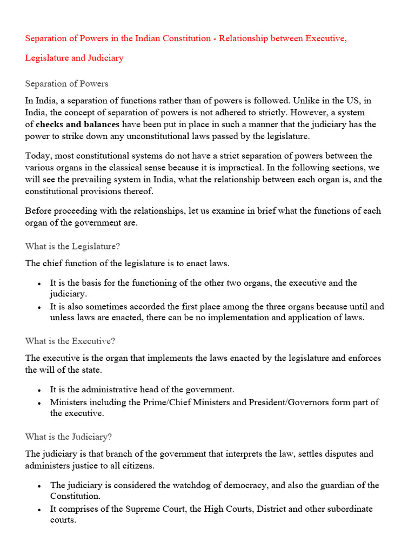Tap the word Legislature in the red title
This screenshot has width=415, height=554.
coord(46,57)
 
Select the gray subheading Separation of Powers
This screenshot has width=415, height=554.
coord(66,83)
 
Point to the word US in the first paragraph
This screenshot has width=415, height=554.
coord(352,101)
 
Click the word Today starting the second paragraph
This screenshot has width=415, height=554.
coord(37,156)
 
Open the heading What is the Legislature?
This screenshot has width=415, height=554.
coord(72,246)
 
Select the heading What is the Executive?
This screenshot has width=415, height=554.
coord(70,341)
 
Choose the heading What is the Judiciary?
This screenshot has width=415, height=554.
coord(68,436)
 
